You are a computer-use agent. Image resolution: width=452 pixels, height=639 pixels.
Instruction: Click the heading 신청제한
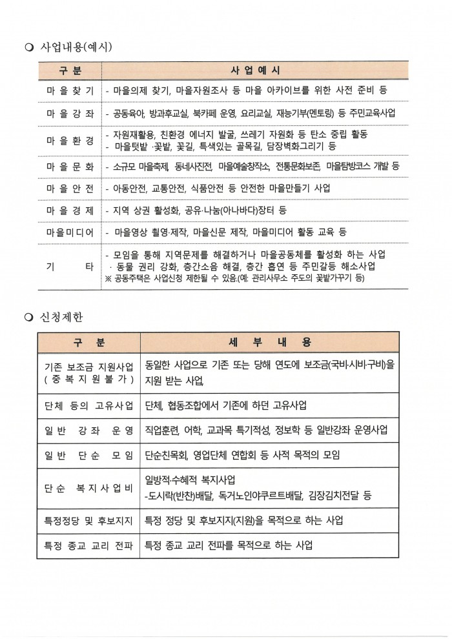[61, 317]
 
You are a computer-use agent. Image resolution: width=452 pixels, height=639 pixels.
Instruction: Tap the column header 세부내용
[269, 341]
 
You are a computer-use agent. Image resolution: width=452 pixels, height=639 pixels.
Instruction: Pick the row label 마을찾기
[70, 91]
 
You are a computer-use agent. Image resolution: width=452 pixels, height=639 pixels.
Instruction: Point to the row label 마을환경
[70, 140]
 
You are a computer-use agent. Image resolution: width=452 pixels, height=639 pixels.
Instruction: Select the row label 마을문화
[70, 166]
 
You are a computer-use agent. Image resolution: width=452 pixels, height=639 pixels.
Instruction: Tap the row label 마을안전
[70, 188]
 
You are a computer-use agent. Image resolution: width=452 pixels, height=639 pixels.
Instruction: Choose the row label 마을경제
[70, 210]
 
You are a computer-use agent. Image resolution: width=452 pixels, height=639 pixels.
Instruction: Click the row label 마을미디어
[70, 231]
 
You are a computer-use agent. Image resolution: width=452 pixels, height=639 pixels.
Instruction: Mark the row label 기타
[70, 266]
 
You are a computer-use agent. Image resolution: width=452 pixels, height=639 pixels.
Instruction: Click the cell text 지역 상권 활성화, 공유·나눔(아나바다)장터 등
[200, 210]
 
